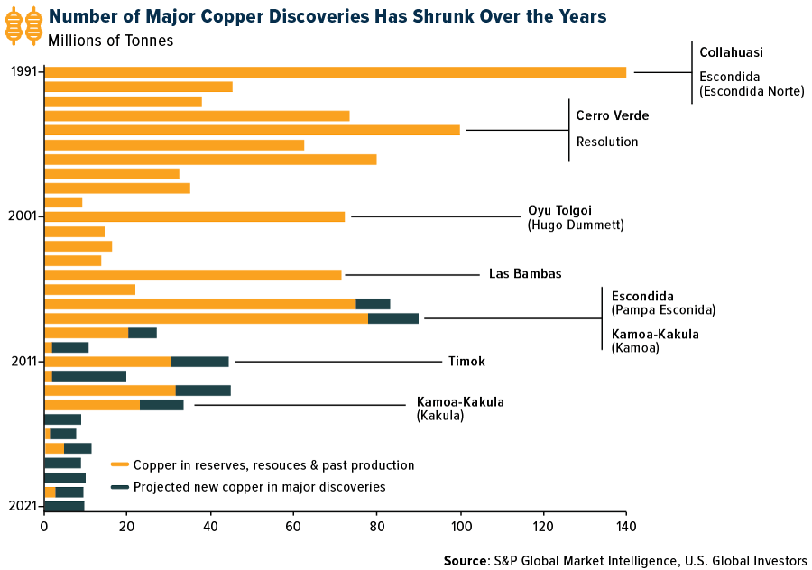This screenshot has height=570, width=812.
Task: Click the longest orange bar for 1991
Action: (x=335, y=72)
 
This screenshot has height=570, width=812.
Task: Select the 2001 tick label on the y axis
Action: (x=22, y=216)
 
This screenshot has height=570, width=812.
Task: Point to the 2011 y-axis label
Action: (x=22, y=362)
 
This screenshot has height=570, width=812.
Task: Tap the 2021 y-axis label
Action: (x=22, y=506)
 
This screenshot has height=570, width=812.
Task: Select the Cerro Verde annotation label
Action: (x=613, y=116)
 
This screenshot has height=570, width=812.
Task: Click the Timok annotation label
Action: (x=466, y=362)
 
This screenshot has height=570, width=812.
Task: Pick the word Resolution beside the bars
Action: (x=607, y=142)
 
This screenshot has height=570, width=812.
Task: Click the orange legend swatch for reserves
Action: (x=120, y=465)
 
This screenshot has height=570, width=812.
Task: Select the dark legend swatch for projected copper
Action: (x=120, y=487)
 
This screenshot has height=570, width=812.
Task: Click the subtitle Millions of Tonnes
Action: (x=111, y=40)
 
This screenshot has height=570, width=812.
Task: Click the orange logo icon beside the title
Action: (x=23, y=25)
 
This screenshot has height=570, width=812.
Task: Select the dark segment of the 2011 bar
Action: (x=199, y=362)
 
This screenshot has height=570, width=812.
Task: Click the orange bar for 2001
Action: (x=195, y=216)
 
